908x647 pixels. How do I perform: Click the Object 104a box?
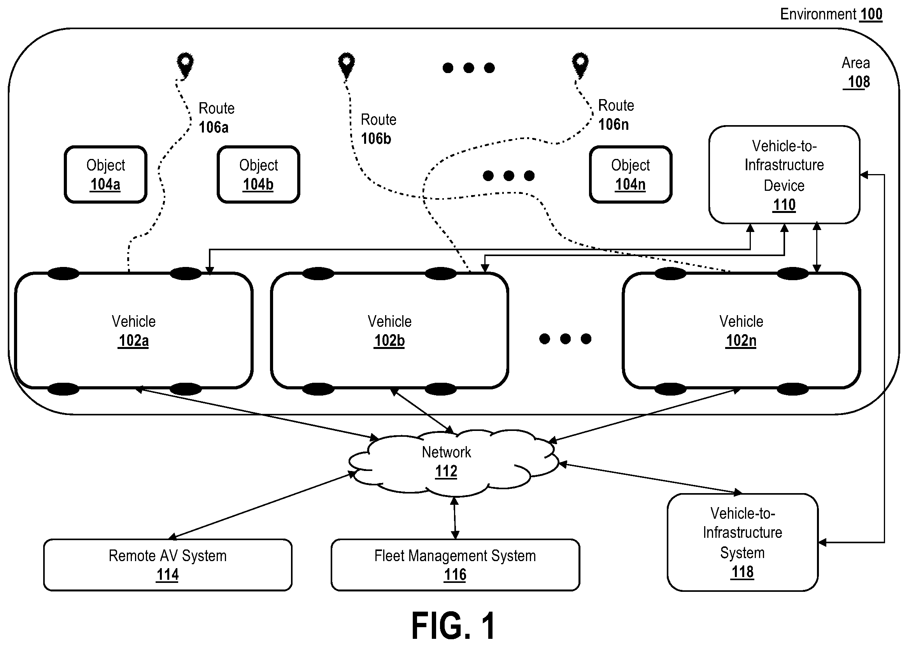(106, 174)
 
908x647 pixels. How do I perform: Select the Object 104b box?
(258, 174)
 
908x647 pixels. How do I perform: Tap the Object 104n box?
(631, 174)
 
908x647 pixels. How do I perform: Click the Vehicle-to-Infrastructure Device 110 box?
(784, 174)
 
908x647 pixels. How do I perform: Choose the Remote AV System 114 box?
(168, 565)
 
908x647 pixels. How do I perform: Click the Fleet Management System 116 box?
(455, 565)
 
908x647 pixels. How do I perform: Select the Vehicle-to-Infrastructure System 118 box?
(743, 542)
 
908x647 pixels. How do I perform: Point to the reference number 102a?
(133, 341)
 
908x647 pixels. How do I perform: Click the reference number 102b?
(389, 341)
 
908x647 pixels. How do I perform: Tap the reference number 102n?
(741, 341)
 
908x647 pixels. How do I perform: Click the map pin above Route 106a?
(185, 65)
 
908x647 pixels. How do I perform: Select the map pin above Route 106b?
(346, 65)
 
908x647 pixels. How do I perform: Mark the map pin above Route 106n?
(580, 65)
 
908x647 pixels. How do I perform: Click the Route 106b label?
(379, 129)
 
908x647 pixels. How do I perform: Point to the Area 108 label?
(856, 73)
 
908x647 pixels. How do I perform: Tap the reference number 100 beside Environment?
(871, 14)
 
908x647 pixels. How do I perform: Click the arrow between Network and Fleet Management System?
(455, 518)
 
